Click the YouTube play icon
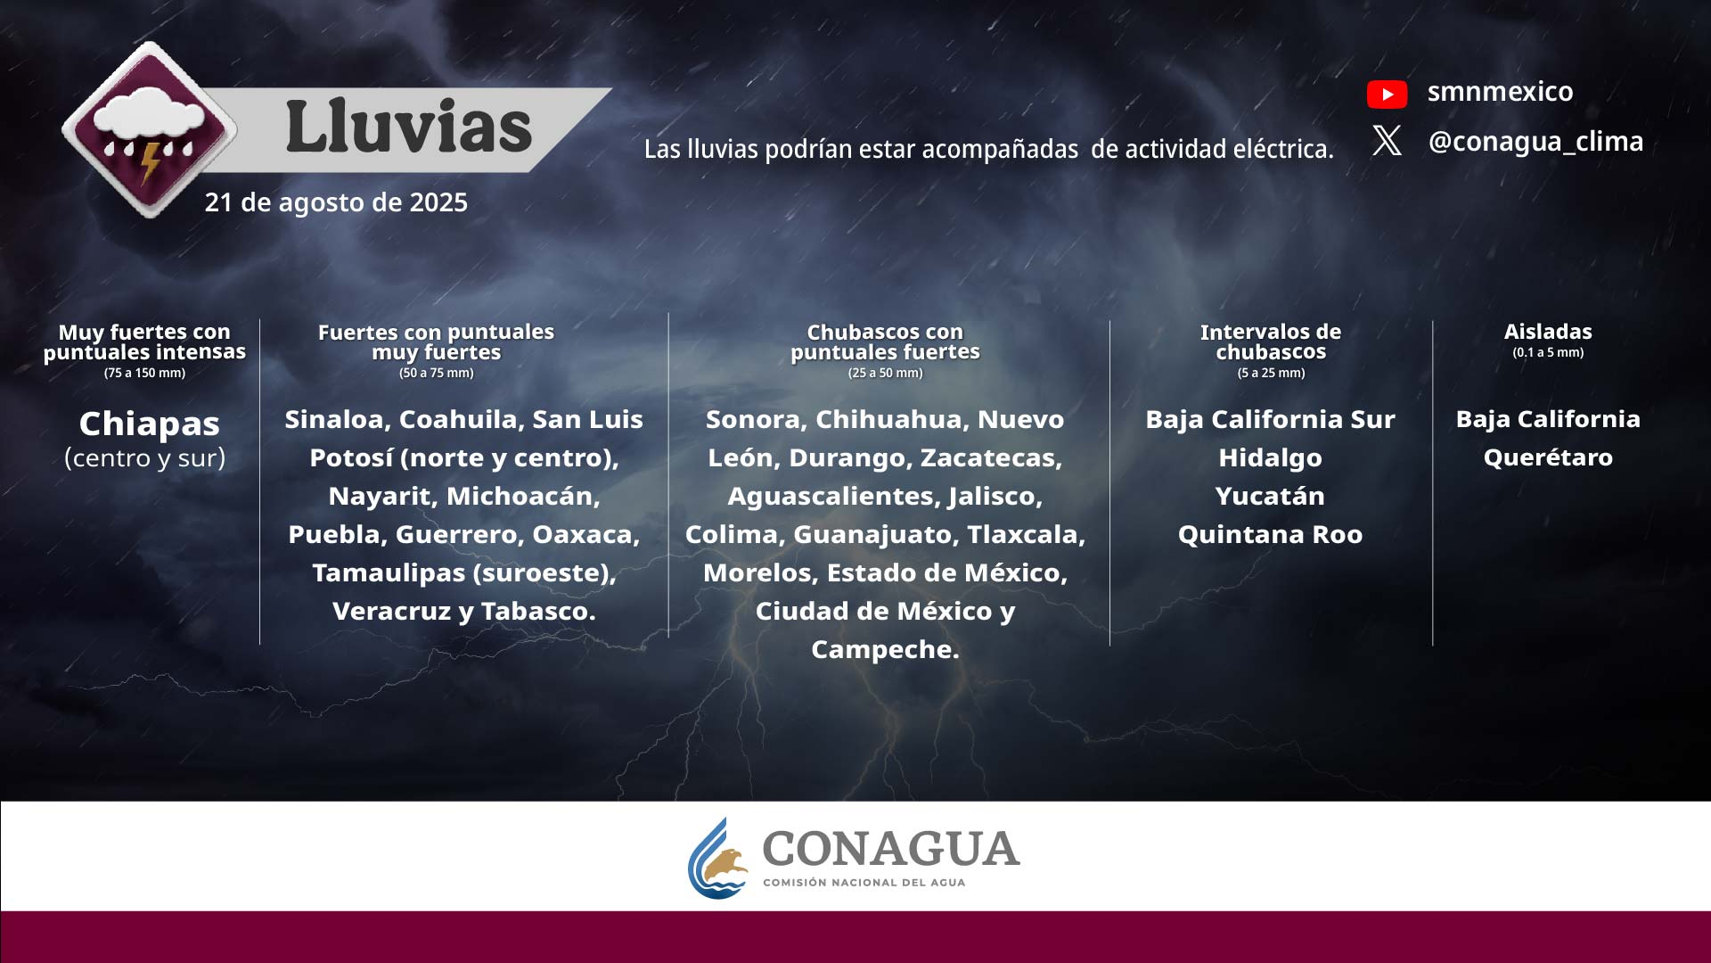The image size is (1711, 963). pyautogui.click(x=1387, y=94)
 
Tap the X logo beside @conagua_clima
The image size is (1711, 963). pyautogui.click(x=1387, y=140)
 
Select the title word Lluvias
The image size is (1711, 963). pyautogui.click(x=408, y=126)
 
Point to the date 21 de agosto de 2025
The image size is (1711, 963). pyautogui.click(x=336, y=202)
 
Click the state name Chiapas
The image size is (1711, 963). pyautogui.click(x=149, y=423)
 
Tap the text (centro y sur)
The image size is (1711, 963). pyautogui.click(x=144, y=458)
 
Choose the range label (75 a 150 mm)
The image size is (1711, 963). pyautogui.click(x=144, y=373)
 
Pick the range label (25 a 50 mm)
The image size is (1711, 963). pyautogui.click(x=885, y=373)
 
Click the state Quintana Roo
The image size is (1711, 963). pyautogui.click(x=1270, y=534)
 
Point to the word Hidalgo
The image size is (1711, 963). pyautogui.click(x=1270, y=457)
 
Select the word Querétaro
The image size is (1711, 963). pyautogui.click(x=1548, y=457)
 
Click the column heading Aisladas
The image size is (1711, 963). pyautogui.click(x=1548, y=332)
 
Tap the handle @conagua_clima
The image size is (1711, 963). pyautogui.click(x=1535, y=141)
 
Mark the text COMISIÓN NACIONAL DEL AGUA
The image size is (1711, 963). pyautogui.click(x=864, y=883)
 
